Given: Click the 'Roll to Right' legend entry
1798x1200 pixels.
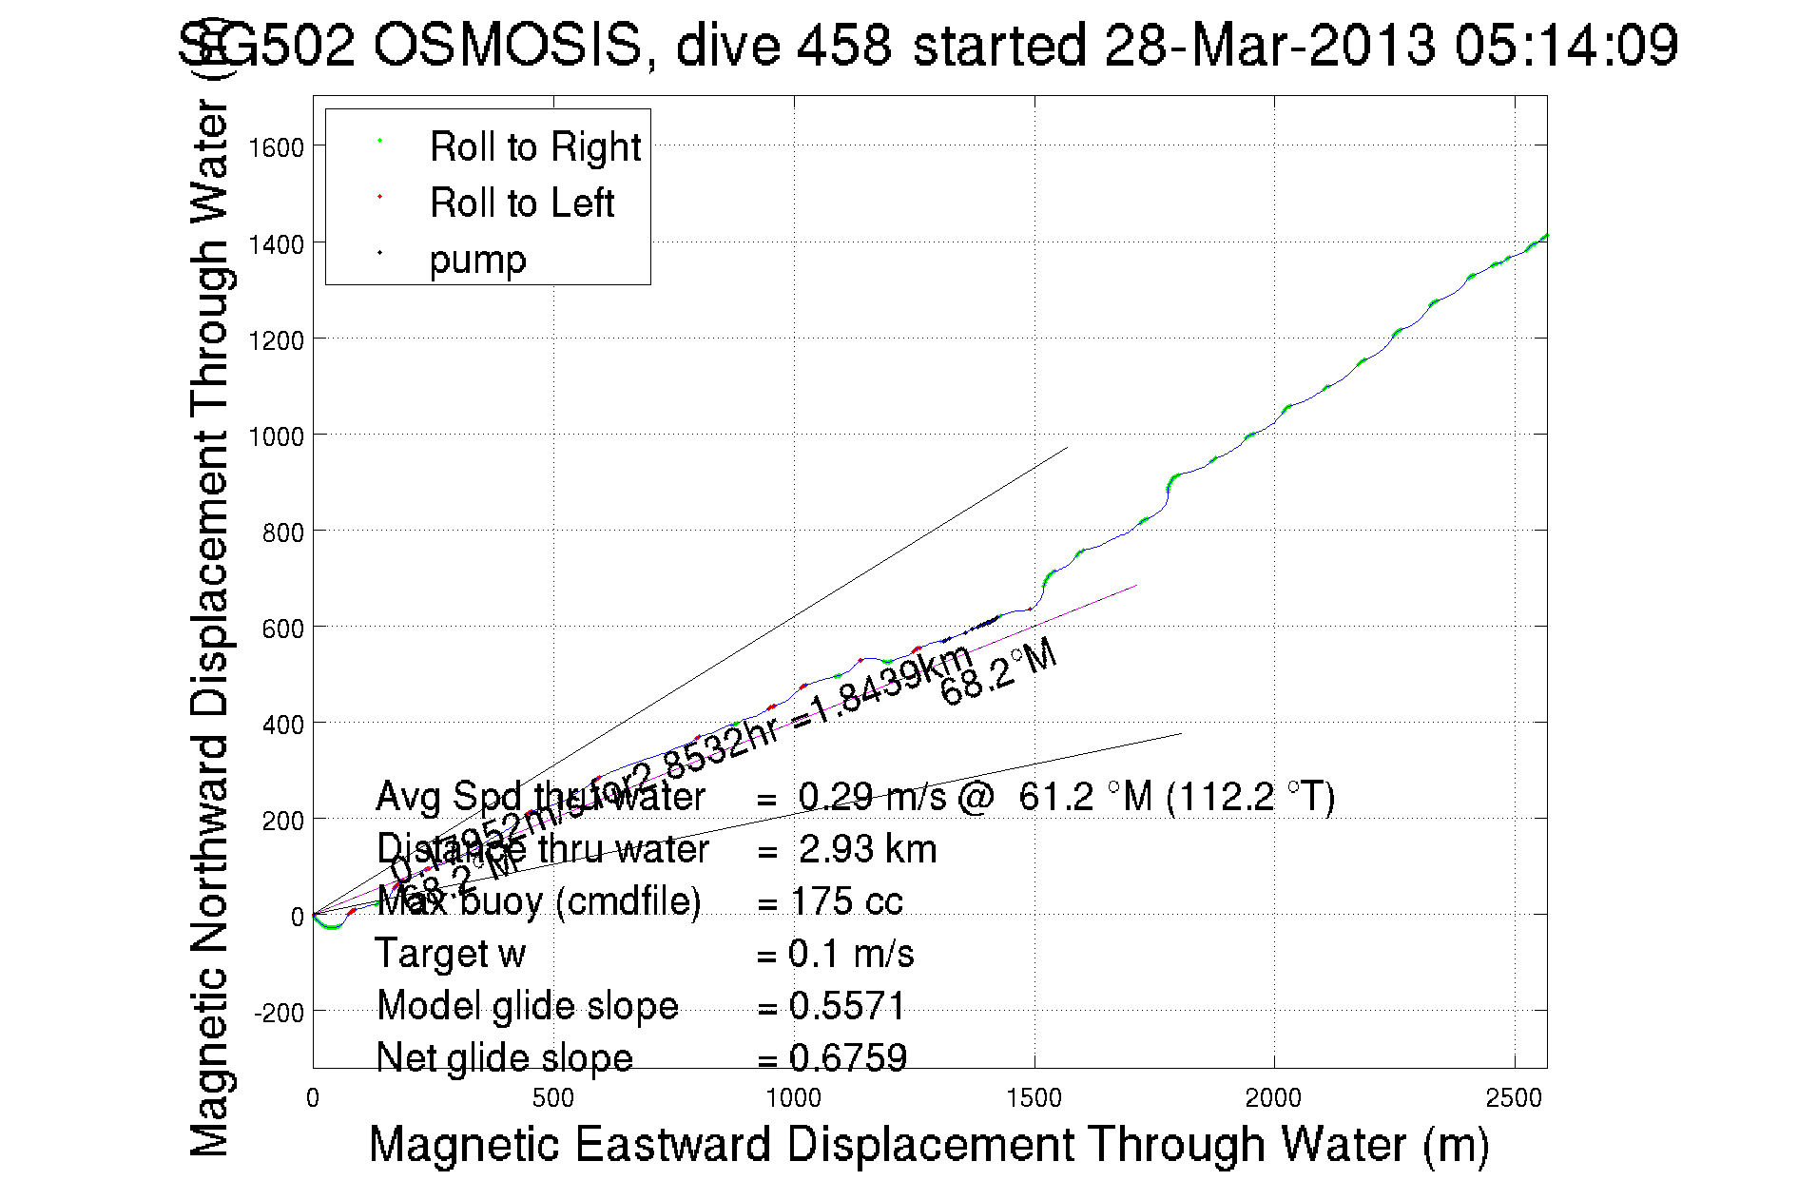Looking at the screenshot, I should pos(534,147).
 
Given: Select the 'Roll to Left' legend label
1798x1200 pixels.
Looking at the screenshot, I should pos(521,203).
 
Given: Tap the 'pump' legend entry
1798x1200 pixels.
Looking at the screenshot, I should pos(477,260).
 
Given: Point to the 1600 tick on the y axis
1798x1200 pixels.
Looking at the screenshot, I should pos(276,147).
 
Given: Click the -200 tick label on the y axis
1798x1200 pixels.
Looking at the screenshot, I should pos(279,1013).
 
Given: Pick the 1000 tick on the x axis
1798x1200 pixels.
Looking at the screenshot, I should pos(793,1098).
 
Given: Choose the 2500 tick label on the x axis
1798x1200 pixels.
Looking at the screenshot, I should pos(1513,1098).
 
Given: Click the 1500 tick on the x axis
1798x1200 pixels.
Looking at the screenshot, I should pos(1034,1098).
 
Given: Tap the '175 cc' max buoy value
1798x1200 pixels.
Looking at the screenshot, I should pos(846,901).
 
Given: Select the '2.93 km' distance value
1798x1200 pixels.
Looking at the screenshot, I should pos(867,849).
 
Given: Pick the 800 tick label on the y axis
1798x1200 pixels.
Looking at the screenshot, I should pos(282,532).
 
